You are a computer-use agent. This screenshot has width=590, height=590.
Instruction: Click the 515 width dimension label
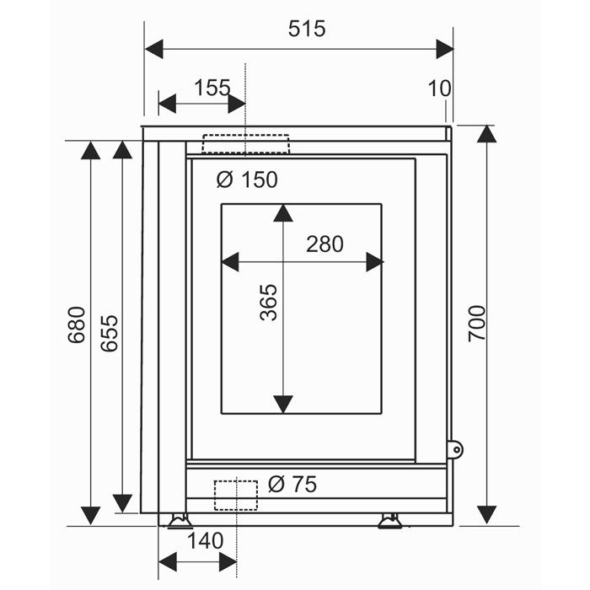[307, 29]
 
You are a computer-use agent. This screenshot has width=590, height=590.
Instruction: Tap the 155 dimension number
[212, 88]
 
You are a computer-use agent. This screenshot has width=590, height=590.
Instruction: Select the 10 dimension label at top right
[439, 88]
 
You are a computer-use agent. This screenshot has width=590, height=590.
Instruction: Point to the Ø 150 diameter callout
[247, 180]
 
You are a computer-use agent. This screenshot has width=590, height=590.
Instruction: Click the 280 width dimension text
[324, 244]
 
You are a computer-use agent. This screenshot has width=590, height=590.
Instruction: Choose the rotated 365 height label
[268, 303]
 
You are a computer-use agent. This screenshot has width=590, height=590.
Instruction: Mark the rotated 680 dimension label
[77, 325]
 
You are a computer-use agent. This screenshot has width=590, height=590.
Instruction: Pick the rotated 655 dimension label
[109, 333]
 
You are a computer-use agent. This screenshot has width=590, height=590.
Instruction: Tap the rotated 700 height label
[477, 324]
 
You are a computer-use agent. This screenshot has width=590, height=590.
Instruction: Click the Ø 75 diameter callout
[292, 485]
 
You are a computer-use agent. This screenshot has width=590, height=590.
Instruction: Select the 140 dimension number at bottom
[205, 541]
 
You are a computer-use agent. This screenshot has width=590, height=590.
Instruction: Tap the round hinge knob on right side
[455, 449]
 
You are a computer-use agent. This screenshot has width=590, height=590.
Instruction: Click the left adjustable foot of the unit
[180, 521]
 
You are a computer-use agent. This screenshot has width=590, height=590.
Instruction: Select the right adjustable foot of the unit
[389, 521]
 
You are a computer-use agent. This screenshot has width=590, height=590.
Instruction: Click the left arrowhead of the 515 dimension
[154, 49]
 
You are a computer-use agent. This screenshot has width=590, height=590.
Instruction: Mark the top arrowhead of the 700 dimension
[486, 134]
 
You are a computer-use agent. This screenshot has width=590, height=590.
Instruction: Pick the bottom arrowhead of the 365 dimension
[283, 405]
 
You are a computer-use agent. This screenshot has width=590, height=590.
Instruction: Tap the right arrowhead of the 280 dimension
[375, 262]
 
